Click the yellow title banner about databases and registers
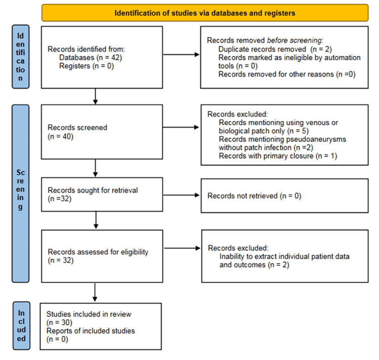coord(205,13)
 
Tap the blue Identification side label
coord(21,57)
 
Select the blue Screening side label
coord(20,193)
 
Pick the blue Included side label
coord(21,326)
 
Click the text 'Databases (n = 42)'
coord(90,58)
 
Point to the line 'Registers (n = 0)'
coord(86,66)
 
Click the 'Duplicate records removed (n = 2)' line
coord(275,49)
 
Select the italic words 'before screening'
coord(295,40)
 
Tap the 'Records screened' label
coord(77,127)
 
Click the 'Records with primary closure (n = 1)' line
coord(278,156)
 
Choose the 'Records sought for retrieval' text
coord(92,190)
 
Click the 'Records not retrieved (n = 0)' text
coord(254,196)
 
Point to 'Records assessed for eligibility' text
coord(98,252)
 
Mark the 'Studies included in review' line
coord(89,314)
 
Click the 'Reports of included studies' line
coord(90,331)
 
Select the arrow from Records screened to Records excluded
coord(181,127)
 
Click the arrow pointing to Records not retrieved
coord(181,195)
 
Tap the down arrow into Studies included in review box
coord(95,292)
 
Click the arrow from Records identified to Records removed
coord(181,55)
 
